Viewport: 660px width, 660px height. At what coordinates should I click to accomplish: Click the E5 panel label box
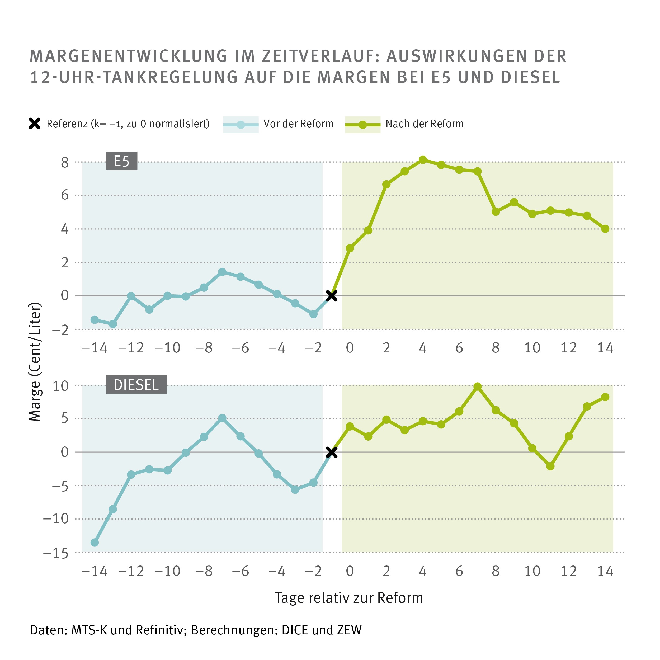coord(122,161)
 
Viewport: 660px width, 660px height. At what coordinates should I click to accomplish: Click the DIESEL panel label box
coord(136,385)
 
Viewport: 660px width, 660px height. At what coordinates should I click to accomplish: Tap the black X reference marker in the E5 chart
coord(331,296)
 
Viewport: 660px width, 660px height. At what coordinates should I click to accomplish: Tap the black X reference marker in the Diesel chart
coord(331,452)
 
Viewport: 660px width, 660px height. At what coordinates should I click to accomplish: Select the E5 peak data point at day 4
coord(423,160)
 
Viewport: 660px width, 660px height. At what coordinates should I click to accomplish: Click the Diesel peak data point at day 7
coord(478,387)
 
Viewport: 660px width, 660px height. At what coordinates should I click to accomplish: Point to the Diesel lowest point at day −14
coord(95,543)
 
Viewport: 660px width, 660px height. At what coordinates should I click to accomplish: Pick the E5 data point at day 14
coord(605,229)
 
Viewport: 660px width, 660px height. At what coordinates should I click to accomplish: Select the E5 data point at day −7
coord(222,272)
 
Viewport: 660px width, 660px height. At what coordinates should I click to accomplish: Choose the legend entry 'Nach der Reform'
coord(424,124)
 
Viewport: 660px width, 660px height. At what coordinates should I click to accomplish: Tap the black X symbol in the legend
coord(35,124)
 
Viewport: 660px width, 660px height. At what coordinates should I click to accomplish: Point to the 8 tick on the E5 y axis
coord(65,163)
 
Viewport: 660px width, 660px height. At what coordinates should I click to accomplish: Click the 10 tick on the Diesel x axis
coord(532,571)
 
